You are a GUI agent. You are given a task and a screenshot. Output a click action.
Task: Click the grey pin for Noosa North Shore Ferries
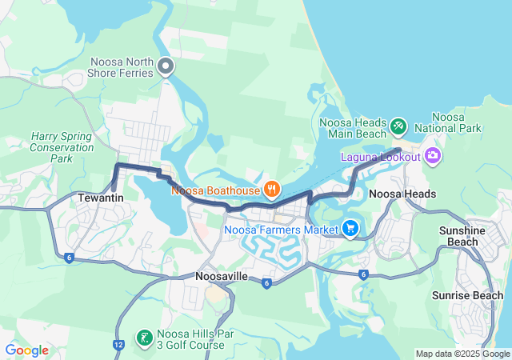pyautogui.click(x=166, y=66)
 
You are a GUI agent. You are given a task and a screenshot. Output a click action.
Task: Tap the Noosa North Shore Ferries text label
pyautogui.click(x=122, y=67)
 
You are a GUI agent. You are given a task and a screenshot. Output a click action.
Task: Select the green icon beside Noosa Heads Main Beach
pyautogui.click(x=398, y=126)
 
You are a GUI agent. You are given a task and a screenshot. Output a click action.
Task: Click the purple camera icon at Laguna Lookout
pyautogui.click(x=434, y=155)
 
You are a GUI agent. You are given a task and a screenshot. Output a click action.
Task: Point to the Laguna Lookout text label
pyautogui.click(x=380, y=157)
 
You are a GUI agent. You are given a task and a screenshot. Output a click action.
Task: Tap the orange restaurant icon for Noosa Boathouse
pyautogui.click(x=272, y=190)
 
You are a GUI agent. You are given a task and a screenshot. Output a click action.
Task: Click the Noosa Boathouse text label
pyautogui.click(x=214, y=191)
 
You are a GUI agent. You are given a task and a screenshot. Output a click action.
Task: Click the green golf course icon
pyautogui.click(x=144, y=338)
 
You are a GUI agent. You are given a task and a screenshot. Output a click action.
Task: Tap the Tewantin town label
pyautogui.click(x=100, y=196)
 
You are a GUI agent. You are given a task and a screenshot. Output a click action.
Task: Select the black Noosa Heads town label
pyautogui.click(x=402, y=194)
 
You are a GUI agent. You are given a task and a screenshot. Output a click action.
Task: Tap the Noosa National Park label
pyautogui.click(x=459, y=122)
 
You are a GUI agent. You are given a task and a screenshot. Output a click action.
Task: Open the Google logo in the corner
pyautogui.click(x=26, y=350)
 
